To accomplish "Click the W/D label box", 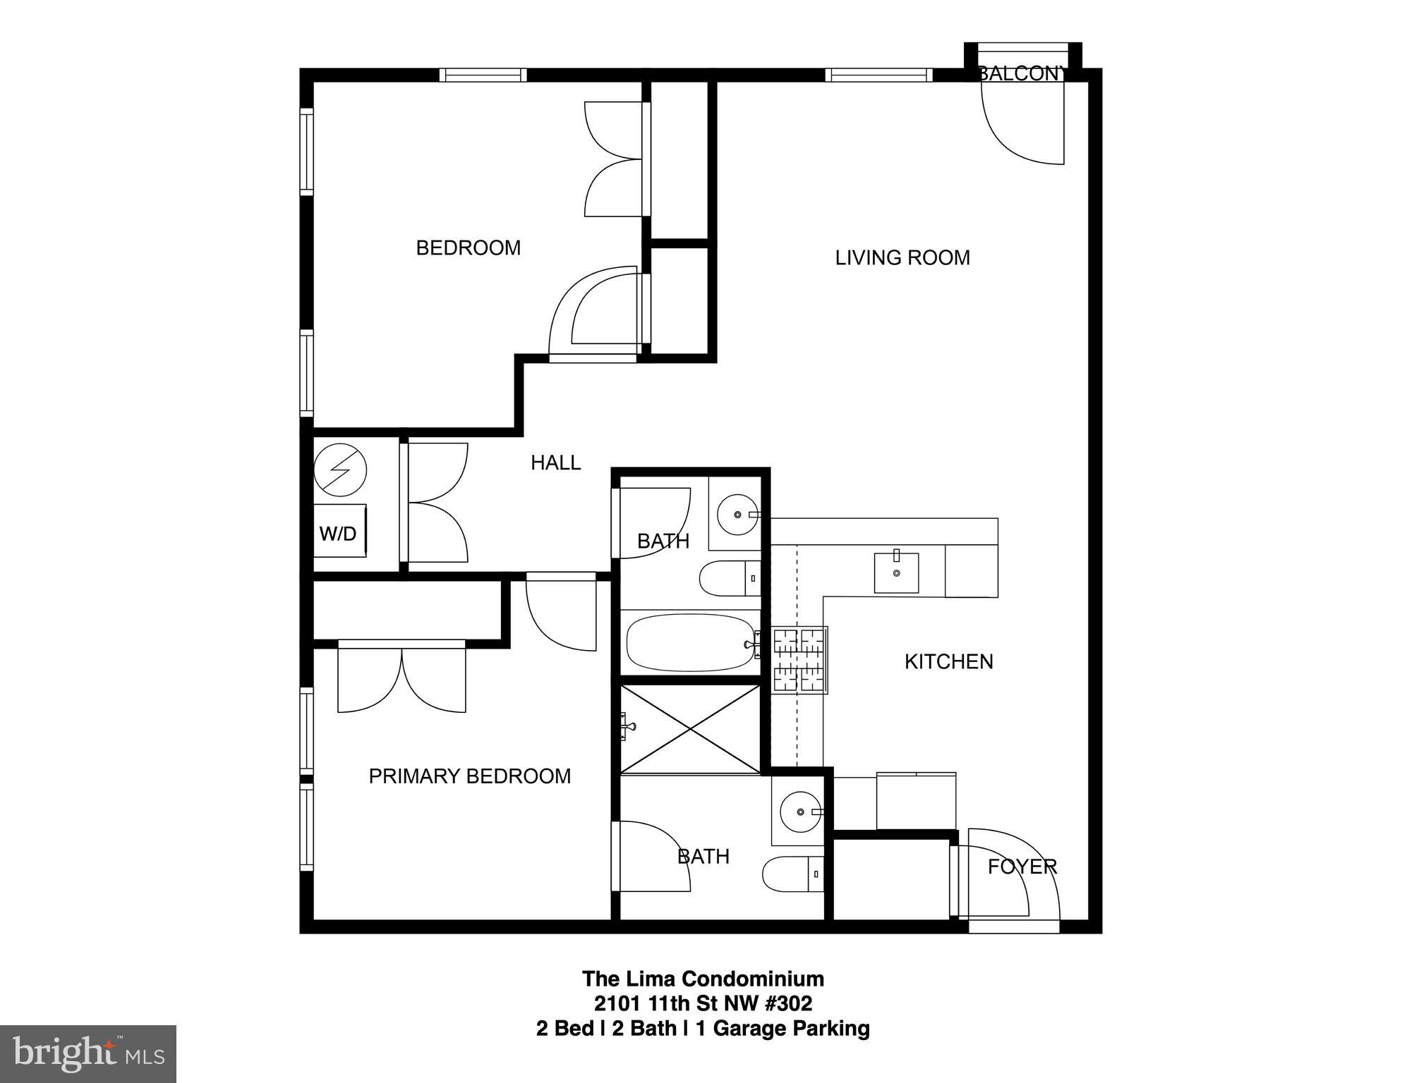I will click(x=339, y=533).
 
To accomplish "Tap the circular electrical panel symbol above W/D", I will click(x=340, y=470).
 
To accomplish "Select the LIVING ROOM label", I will click(x=902, y=258).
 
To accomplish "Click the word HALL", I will click(x=555, y=463).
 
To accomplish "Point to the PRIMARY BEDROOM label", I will click(x=469, y=776).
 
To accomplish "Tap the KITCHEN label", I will click(x=948, y=661).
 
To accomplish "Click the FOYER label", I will click(x=1022, y=867).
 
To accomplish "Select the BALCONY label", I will click(x=1020, y=73).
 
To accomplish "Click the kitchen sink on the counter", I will click(x=896, y=573).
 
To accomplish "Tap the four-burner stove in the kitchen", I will click(x=799, y=660).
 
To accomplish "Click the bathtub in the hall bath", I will click(x=691, y=643).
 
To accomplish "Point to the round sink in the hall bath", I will click(x=737, y=515).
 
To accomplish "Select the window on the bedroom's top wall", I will click(x=483, y=75).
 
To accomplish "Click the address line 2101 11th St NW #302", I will click(x=703, y=1003).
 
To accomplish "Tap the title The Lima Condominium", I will click(x=703, y=979).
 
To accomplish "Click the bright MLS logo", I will click(x=87, y=1054).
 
